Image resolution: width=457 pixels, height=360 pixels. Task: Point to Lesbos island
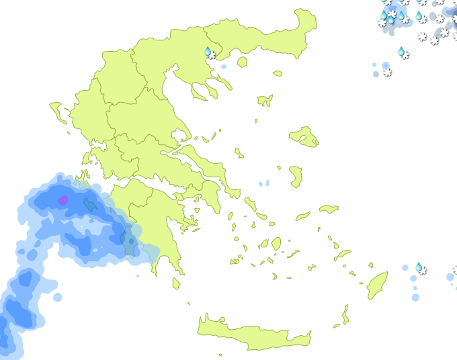click(x=304, y=136)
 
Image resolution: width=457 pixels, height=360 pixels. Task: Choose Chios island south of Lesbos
click(x=296, y=177)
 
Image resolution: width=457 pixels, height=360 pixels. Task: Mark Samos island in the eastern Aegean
click(x=329, y=209)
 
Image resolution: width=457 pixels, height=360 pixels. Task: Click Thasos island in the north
click(x=242, y=62)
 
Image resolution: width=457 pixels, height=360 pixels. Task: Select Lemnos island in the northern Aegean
click(x=266, y=100)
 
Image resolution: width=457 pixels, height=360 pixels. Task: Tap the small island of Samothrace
click(x=278, y=73)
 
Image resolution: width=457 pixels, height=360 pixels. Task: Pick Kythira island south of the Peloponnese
click(x=176, y=283)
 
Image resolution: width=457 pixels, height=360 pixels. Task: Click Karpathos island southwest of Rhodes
click(x=345, y=314)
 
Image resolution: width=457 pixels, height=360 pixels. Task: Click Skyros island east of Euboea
click(x=239, y=153)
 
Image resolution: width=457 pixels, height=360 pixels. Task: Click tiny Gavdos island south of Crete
click(x=220, y=355)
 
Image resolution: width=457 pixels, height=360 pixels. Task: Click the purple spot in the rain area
click(x=63, y=200)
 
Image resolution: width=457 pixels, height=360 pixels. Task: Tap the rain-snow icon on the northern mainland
click(x=210, y=52)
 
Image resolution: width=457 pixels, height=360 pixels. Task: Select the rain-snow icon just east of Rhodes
click(x=420, y=269)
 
